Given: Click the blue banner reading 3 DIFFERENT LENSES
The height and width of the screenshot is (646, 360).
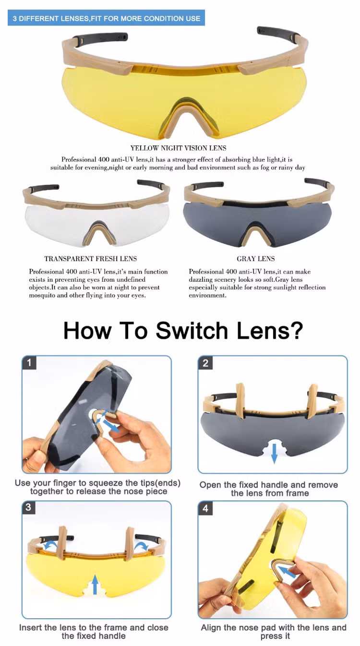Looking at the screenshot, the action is pyautogui.click(x=106, y=18).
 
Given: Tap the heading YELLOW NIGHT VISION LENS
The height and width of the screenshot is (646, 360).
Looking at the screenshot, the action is pyautogui.click(x=178, y=148).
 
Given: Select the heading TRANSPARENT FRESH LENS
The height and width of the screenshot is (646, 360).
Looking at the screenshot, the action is pyautogui.click(x=91, y=259).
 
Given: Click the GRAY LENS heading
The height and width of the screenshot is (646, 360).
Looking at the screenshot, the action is pyautogui.click(x=256, y=259).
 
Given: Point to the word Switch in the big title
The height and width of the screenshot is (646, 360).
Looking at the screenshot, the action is pyautogui.click(x=192, y=331).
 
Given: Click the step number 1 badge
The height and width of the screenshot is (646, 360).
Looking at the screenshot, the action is pyautogui.click(x=29, y=362).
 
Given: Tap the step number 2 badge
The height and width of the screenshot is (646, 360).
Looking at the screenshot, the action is pyautogui.click(x=205, y=363).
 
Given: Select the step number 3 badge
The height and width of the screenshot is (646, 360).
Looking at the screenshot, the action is pyautogui.click(x=28, y=507).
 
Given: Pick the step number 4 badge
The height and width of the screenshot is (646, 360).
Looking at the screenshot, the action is pyautogui.click(x=205, y=508).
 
